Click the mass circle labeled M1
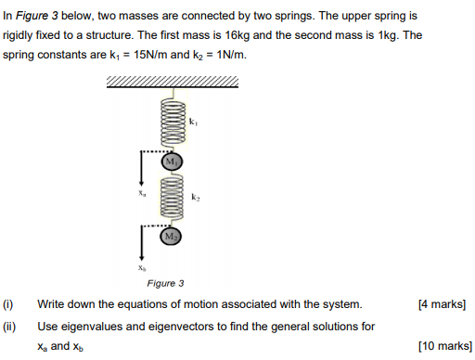[x=172, y=162]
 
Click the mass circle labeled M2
[x=172, y=238]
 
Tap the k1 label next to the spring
[x=193, y=122]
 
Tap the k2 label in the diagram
[x=195, y=197]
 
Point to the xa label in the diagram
[x=142, y=196]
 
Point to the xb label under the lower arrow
[x=142, y=267]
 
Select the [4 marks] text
[x=442, y=304]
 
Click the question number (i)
[x=8, y=304]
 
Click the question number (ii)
[x=9, y=326]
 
